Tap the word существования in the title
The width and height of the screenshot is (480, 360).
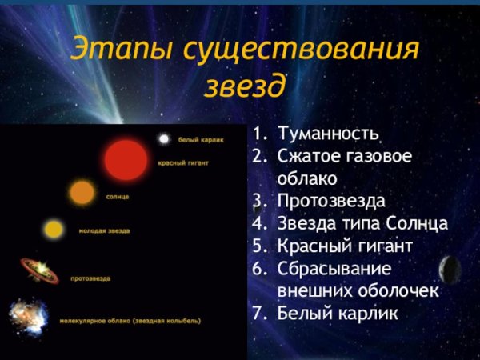point(300,49)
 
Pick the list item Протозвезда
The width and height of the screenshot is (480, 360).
point(331,200)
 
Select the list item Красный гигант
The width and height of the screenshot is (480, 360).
point(344,246)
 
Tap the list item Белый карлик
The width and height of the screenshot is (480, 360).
point(337,314)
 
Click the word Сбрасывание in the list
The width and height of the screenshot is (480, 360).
point(334,268)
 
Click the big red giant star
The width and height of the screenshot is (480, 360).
point(126,159)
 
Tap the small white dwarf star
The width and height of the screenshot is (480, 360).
point(164,139)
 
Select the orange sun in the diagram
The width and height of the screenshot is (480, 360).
point(82,192)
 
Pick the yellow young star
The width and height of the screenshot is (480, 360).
point(54,230)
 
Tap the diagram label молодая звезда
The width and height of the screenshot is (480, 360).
point(104,231)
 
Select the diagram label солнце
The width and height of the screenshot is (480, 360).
point(118,196)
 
